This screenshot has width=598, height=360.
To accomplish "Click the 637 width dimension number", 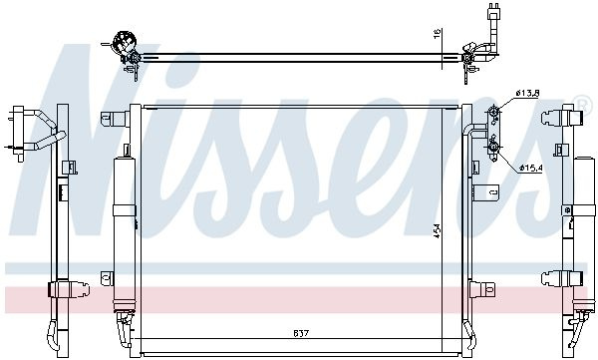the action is click(301, 333).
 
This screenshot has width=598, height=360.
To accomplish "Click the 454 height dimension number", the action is click(438, 230).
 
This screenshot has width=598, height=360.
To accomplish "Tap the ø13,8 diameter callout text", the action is click(526, 93).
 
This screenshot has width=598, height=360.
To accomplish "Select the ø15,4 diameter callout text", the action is click(530, 168).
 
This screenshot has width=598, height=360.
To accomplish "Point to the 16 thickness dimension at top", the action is click(438, 33).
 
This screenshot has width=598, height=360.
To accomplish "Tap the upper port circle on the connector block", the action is click(493, 112).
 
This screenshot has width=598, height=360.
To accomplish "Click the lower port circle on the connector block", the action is click(493, 147).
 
